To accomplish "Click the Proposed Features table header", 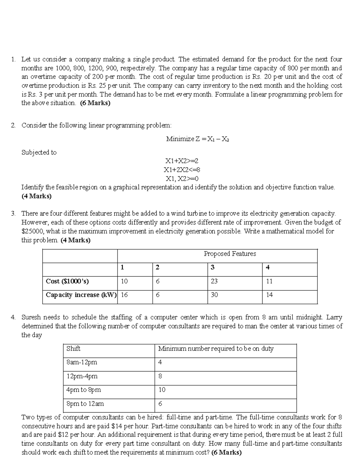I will coord(230,254).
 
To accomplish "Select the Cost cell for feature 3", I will coord(214,281).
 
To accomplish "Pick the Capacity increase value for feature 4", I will coord(269,295).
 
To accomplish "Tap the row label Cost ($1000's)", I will coord(67,281).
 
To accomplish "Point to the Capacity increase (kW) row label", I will coord(81,295).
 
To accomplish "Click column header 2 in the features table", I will coord(157,267).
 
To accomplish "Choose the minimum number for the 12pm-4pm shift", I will coord(160,376).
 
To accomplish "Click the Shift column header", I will coord(73,349).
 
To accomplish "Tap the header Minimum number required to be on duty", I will coord(216,349).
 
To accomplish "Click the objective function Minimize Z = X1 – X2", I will coord(198,139).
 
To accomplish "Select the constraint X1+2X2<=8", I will coord(182,170).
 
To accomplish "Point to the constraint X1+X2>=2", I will coord(182,161).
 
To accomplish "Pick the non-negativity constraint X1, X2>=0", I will coord(182,179).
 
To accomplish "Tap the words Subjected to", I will coord(39,152).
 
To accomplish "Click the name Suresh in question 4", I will coord(31,317).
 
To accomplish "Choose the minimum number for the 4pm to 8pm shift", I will coord(162,390).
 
